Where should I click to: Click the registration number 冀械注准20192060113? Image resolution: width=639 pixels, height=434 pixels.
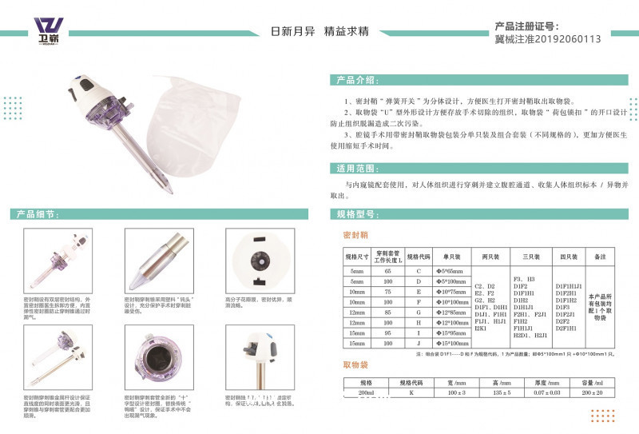point(547,38)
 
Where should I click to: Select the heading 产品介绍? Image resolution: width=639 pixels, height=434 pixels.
point(356,80)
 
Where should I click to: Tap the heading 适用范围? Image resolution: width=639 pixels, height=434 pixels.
point(356,169)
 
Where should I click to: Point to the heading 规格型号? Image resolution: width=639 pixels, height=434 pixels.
point(356,215)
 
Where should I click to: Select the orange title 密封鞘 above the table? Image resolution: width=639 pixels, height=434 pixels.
point(354,237)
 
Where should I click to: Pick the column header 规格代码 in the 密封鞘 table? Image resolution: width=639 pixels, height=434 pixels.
point(418,257)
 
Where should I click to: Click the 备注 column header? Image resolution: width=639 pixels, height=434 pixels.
point(601,257)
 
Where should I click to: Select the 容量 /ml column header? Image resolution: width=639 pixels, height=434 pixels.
point(601,384)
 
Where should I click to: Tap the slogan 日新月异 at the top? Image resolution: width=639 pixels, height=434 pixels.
point(295,31)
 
